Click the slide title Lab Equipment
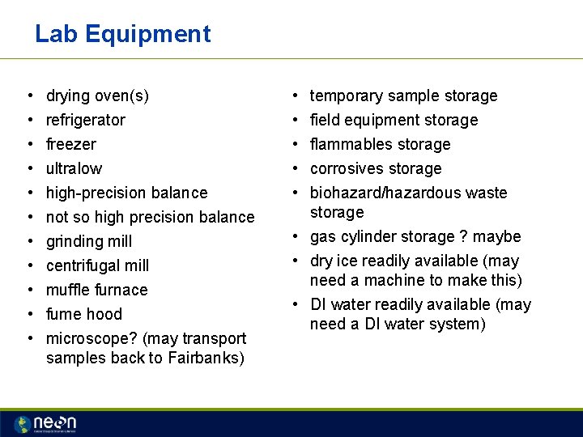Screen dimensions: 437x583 (122, 34)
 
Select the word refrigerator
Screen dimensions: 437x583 (86, 120)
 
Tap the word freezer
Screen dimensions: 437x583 (71, 144)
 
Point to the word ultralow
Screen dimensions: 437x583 (74, 168)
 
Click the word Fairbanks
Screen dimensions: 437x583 (206, 358)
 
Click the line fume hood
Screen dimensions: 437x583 (84, 314)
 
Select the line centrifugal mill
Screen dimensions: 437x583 (98, 265)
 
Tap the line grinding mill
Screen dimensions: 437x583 (89, 241)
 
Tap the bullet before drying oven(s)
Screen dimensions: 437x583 (28, 95)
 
